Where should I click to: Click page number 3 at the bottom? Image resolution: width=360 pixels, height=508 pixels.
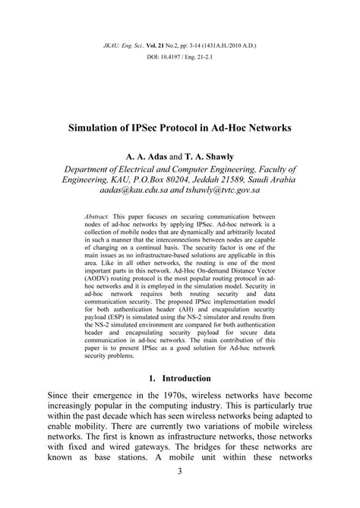click(x=180, y=494)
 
